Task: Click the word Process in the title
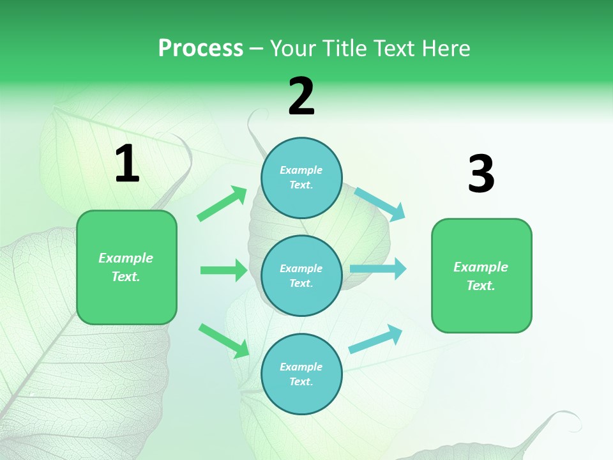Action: point(201,49)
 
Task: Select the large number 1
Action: point(127,164)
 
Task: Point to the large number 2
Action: point(301,96)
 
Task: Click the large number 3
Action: point(481,174)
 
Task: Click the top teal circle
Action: point(301,178)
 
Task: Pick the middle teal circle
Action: point(301,275)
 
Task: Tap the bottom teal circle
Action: point(301,374)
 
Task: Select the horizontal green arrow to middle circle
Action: point(223,270)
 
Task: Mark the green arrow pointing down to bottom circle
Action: point(224,341)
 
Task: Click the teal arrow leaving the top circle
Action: point(380,204)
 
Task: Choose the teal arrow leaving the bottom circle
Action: point(375,339)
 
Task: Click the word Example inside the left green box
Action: point(126,258)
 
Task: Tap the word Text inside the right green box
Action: point(480,286)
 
